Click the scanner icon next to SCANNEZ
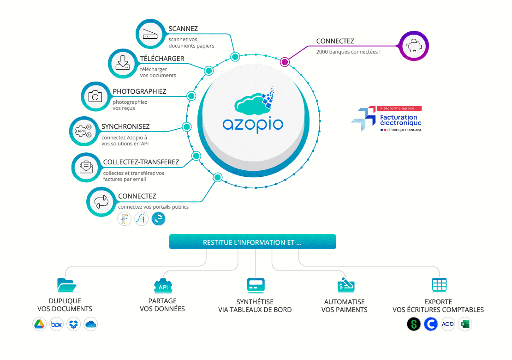pyautogui.click(x=151, y=35)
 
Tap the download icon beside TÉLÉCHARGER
pyautogui.click(x=123, y=63)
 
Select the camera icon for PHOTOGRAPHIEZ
pyautogui.click(x=95, y=96)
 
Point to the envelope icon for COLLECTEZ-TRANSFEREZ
pyautogui.click(x=86, y=167)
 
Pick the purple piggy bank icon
pyautogui.click(x=413, y=46)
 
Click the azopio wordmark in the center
pyautogui.click(x=253, y=124)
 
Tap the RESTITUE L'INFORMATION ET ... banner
pyautogui.click(x=253, y=242)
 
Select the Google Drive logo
pyautogui.click(x=40, y=324)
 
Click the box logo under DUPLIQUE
pyautogui.click(x=57, y=324)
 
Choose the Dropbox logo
pyautogui.click(x=73, y=324)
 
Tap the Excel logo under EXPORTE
pyautogui.click(x=465, y=324)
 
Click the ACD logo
pyautogui.click(x=448, y=324)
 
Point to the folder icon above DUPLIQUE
pyautogui.click(x=66, y=284)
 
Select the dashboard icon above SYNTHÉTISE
pyautogui.click(x=255, y=284)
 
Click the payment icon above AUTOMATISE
pyautogui.click(x=345, y=284)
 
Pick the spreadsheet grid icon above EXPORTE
pyautogui.click(x=439, y=284)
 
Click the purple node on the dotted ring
pyautogui.click(x=285, y=61)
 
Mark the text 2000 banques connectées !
pyautogui.click(x=348, y=52)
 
